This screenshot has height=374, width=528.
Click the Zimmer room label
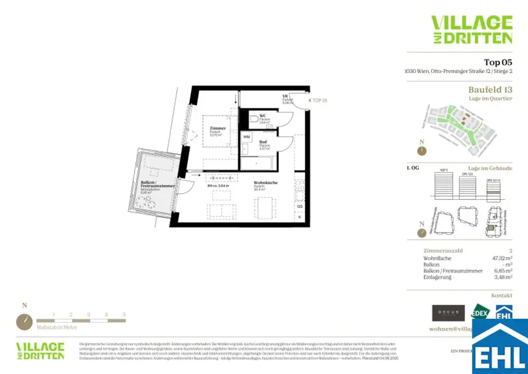217,128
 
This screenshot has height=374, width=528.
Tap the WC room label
262,115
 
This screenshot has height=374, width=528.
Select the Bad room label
263,142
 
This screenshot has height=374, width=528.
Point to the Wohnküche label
266,183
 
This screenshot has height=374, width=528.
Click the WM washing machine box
246,137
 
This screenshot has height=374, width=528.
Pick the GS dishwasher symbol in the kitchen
300,206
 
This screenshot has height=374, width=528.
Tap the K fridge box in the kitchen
300,217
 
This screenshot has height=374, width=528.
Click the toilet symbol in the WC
253,119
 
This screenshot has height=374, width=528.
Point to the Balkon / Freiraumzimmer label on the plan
157,184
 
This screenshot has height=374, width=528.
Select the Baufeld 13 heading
490,90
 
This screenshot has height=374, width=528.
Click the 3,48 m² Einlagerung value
502,277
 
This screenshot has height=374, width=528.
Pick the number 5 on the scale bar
124,314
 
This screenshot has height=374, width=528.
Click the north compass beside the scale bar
24,321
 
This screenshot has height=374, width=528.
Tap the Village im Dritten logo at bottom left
40,350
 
